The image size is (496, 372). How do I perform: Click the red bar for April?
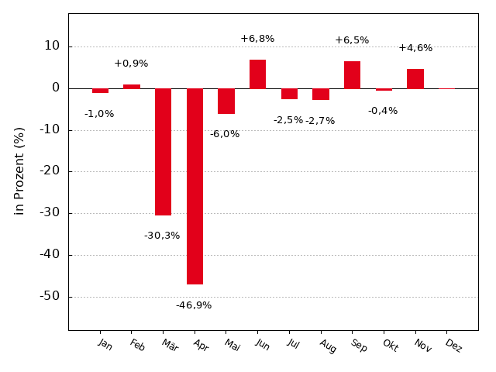pyautogui.click(x=195, y=186)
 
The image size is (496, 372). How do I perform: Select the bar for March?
pyautogui.click(x=163, y=151)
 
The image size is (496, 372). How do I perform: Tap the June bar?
pyautogui.click(x=257, y=74)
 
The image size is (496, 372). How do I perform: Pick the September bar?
pyautogui.click(x=352, y=74)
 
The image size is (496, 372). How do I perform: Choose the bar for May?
pyautogui.click(x=226, y=101)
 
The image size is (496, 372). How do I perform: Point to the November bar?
pyautogui.click(x=415, y=78)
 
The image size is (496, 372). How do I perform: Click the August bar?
pyautogui.click(x=321, y=94)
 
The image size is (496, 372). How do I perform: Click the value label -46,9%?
pyautogui.click(x=194, y=305)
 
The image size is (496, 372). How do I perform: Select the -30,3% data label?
pyautogui.click(x=162, y=236)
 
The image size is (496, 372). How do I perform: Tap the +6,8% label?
pyautogui.click(x=257, y=39)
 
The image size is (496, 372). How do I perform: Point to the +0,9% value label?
pyautogui.click(x=131, y=64)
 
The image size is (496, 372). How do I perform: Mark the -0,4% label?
pyautogui.click(x=383, y=111)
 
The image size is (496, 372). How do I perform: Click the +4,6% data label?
pyautogui.click(x=415, y=48)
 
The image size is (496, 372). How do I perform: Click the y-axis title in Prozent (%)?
pyautogui.click(x=20, y=170)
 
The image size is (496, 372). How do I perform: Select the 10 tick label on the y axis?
pyautogui.click(x=52, y=46)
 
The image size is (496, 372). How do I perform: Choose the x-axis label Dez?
pyautogui.click(x=453, y=346)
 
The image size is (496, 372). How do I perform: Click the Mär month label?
pyautogui.click(x=170, y=346)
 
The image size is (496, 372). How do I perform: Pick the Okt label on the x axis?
pyautogui.click(x=389, y=346)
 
